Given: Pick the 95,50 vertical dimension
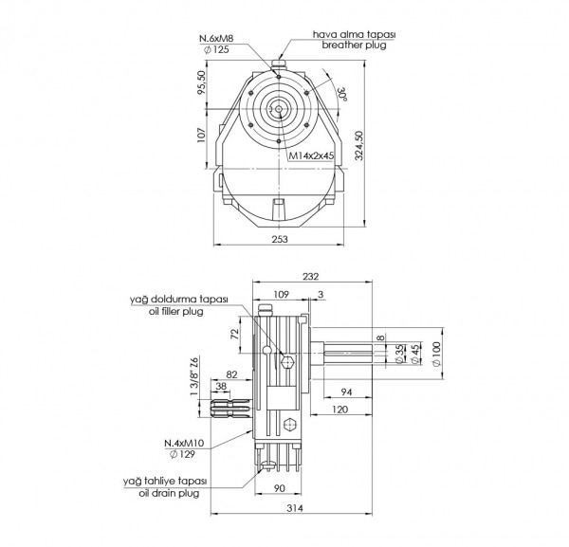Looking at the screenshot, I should pos(200,82).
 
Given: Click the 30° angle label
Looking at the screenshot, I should pos(340,94).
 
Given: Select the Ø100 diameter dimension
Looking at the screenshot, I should pos(437,354).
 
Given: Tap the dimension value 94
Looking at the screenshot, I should pos(346,391).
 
